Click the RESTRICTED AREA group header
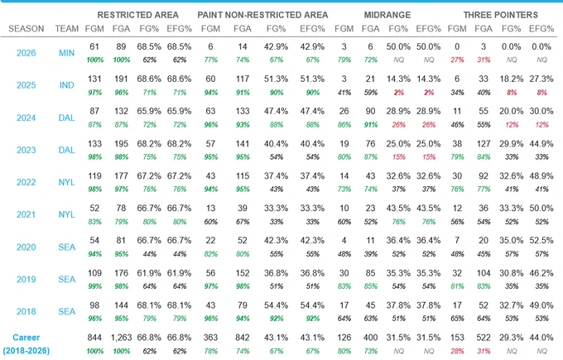138,15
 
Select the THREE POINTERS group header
501,15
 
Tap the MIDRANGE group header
387,15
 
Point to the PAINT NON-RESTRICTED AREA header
262,15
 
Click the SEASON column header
26,29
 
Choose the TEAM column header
67,29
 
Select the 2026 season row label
26,53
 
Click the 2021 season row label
26,214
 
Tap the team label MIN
67,53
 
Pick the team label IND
67,85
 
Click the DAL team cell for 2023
67,150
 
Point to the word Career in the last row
26,338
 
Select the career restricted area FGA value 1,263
121,338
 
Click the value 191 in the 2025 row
121,79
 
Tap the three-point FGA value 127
484,144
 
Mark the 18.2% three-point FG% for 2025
512,79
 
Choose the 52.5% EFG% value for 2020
541,241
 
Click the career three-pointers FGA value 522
484,338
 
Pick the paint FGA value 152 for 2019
243,273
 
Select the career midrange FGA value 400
370,338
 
